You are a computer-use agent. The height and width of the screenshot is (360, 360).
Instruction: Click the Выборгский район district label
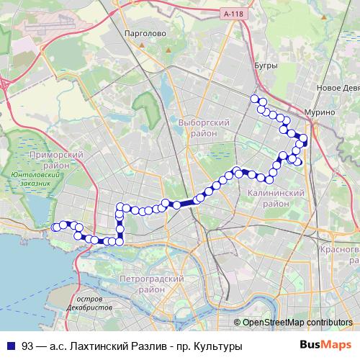click(203, 128)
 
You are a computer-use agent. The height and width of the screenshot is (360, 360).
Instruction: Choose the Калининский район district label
click(275, 199)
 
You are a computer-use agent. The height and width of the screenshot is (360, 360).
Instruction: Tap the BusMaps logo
click(330, 345)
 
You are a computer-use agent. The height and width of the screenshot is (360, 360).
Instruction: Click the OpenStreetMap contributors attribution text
click(297, 323)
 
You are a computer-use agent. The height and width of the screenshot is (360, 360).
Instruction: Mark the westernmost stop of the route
click(55, 227)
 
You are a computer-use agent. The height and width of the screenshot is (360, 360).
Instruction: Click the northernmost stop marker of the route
click(253, 99)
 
